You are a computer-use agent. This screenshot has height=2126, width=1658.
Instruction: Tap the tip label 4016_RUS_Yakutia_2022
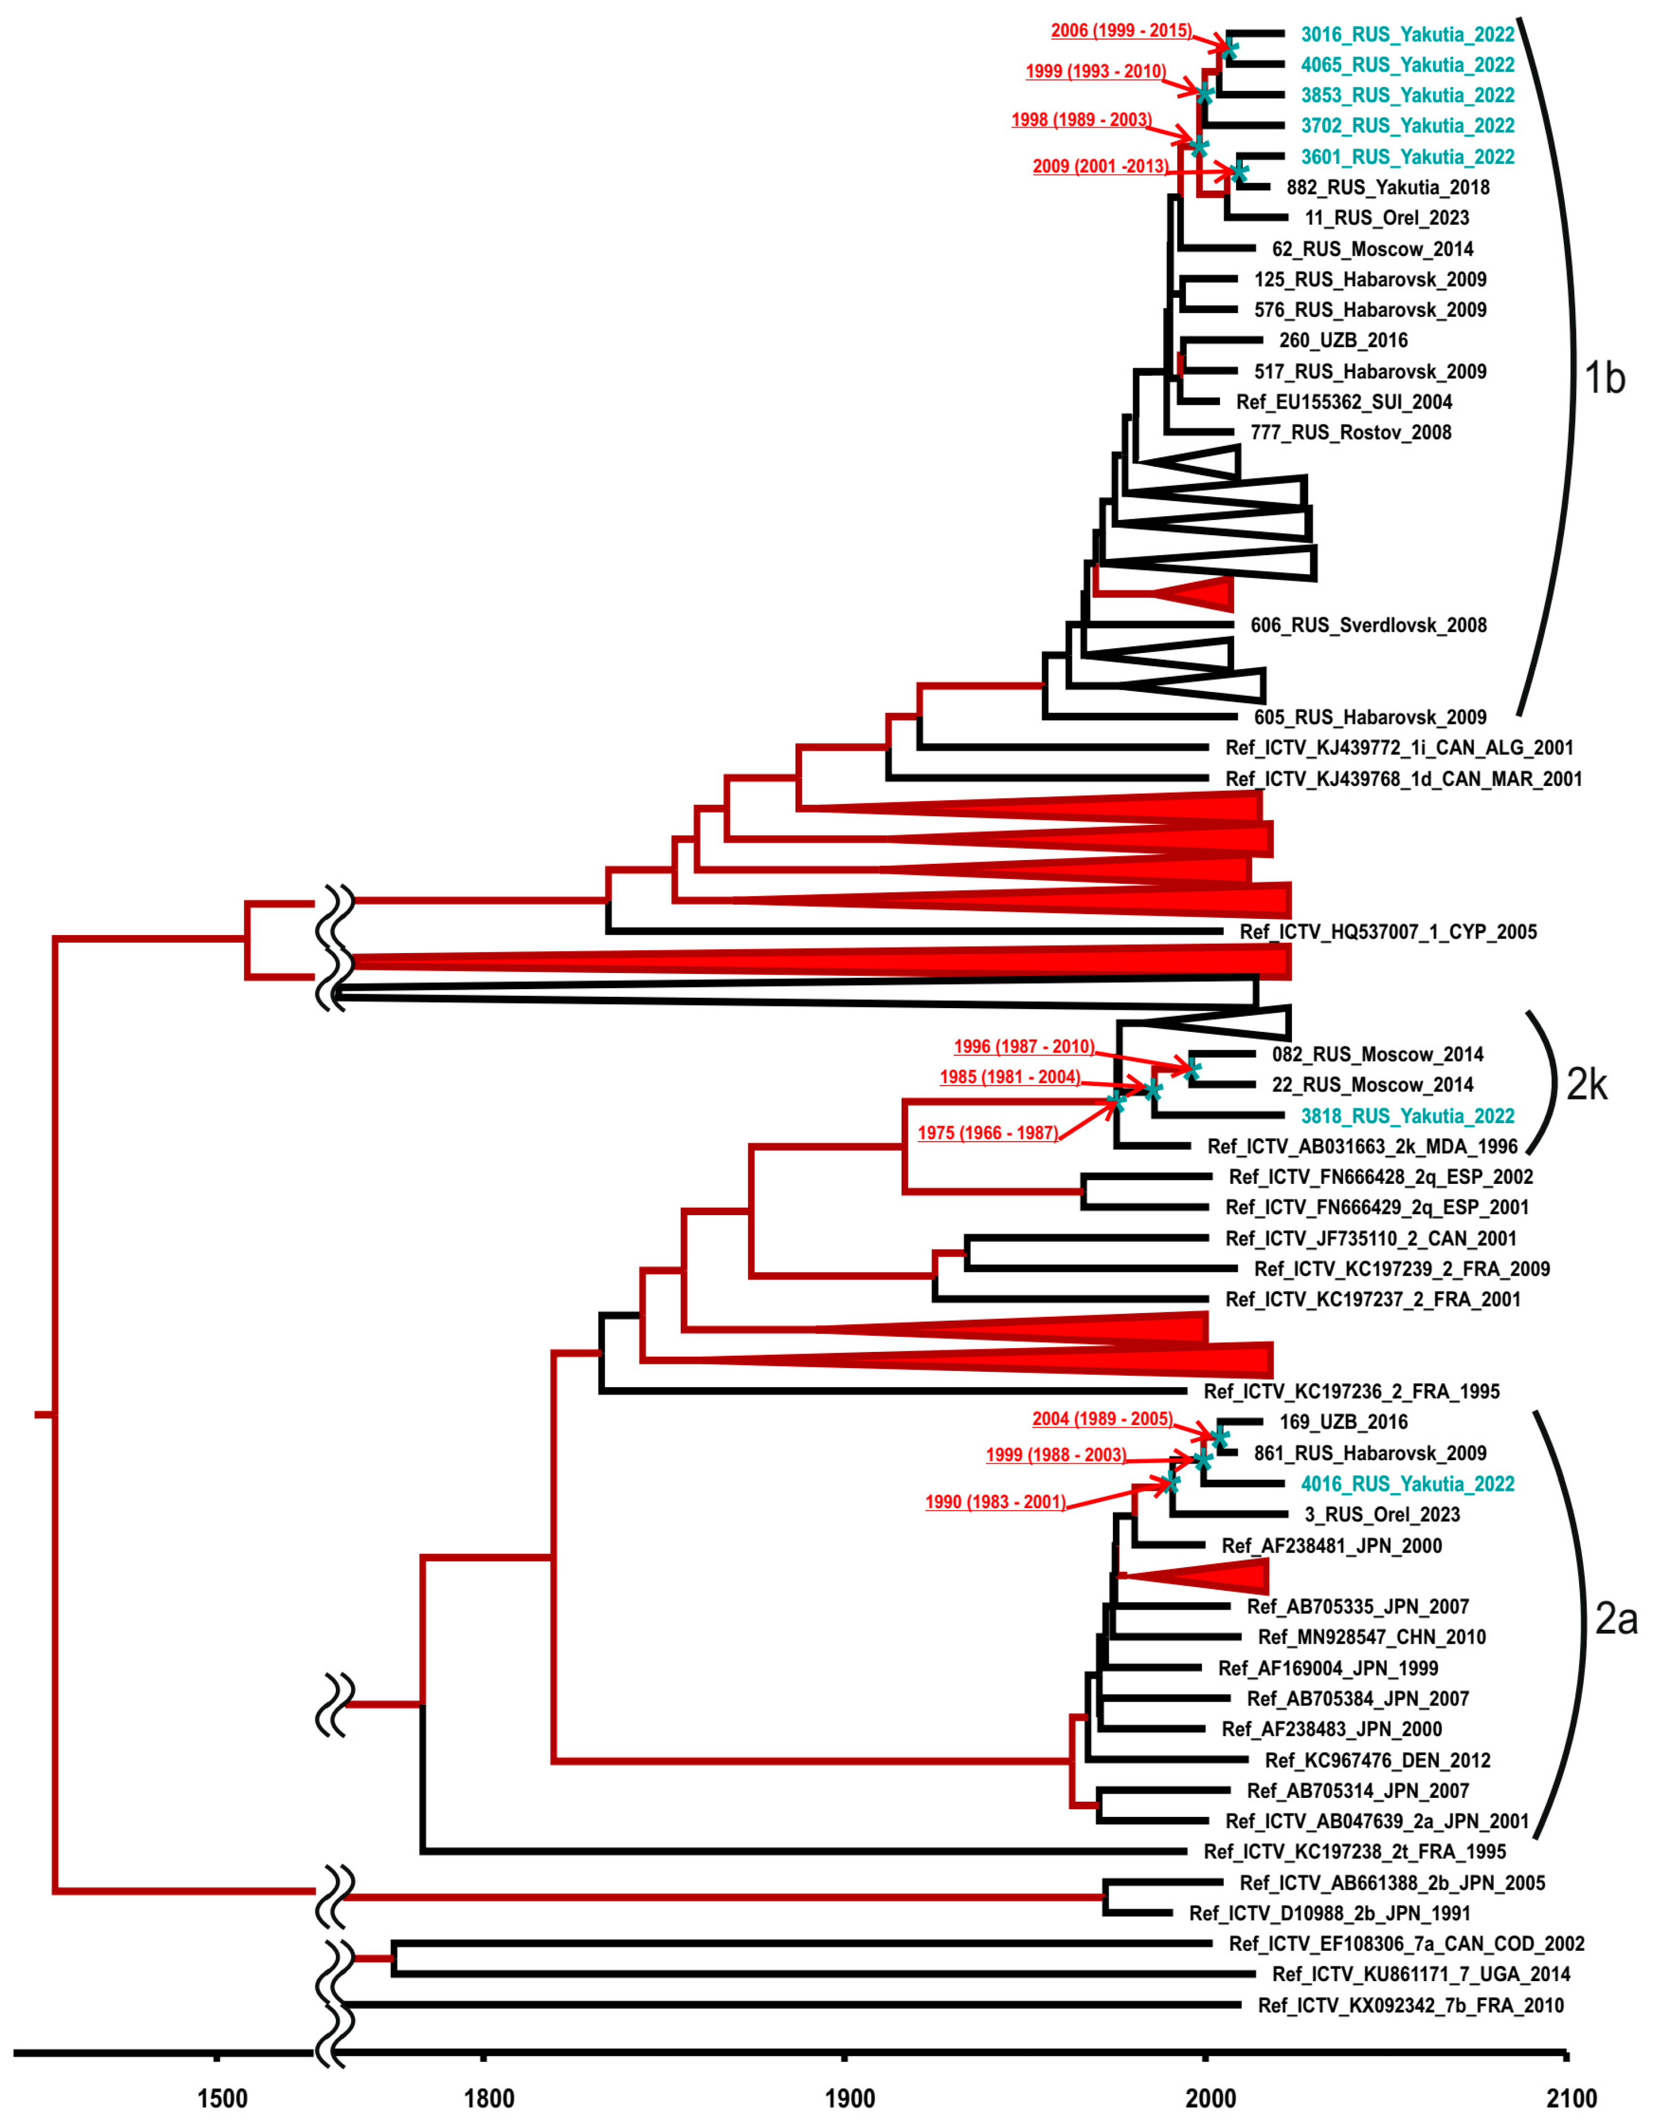tap(1407, 1483)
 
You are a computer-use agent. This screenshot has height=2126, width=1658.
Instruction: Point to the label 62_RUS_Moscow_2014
tap(1372, 249)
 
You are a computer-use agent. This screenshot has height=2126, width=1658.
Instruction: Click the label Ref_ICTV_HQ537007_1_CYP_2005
tap(1388, 931)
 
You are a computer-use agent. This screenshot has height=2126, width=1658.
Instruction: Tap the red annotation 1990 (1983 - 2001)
tap(995, 1502)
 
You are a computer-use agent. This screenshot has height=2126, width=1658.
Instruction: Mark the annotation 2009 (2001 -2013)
tap(1100, 166)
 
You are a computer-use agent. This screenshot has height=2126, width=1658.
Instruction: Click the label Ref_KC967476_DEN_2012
tap(1377, 1760)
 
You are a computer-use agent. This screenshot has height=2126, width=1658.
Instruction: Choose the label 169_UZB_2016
tap(1343, 1422)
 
